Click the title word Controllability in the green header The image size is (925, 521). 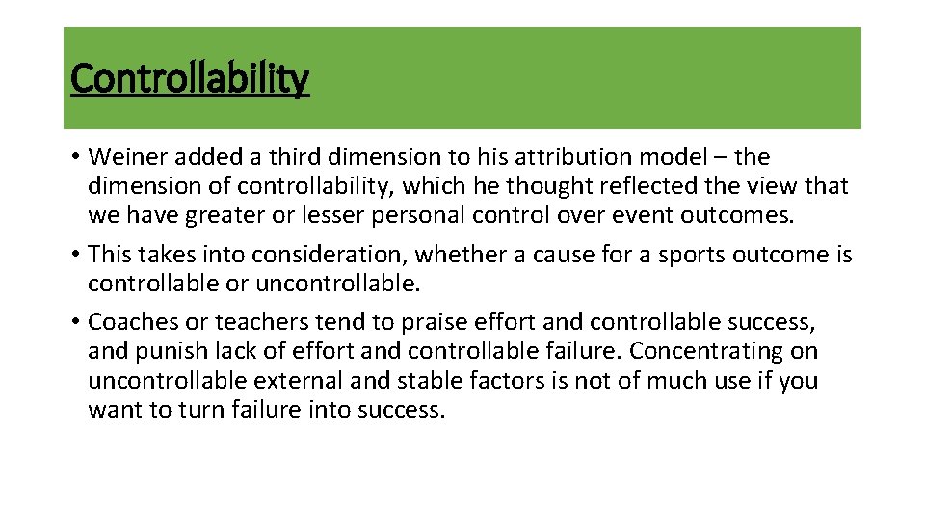point(190,78)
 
